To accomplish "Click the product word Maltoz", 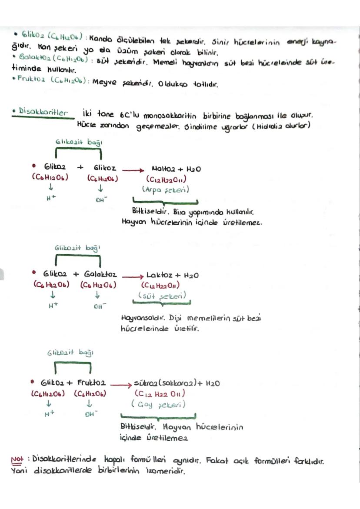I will [x=163, y=168].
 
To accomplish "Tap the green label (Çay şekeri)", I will [x=159, y=404].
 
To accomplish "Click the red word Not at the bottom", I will [x=18, y=460].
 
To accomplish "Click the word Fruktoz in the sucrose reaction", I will [x=91, y=383].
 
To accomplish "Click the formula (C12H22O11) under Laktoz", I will [x=161, y=286].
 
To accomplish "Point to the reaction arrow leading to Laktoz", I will [x=133, y=276].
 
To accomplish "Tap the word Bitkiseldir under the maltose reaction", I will [x=147, y=211].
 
